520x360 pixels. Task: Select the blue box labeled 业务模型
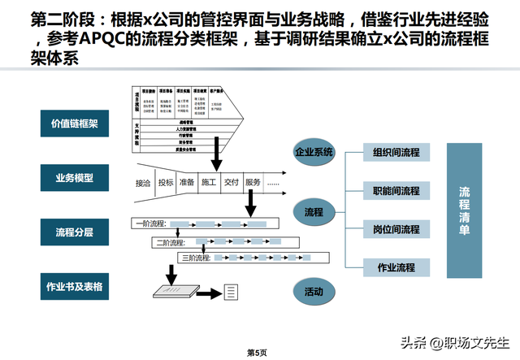[75, 177]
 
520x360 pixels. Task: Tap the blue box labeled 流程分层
[75, 232]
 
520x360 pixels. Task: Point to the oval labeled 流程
[314, 213]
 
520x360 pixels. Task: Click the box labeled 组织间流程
[397, 153]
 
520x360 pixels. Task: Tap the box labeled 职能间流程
[397, 191]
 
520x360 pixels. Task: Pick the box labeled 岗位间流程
[397, 229]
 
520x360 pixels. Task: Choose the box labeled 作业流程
[397, 267]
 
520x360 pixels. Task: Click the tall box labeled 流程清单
[464, 210]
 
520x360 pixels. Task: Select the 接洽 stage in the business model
[145, 183]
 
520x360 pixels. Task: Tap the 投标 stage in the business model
[167, 183]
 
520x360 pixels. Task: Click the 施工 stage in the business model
[209, 183]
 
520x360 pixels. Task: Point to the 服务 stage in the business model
[253, 183]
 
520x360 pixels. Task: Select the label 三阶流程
[195, 258]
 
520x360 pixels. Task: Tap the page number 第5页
[257, 351]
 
